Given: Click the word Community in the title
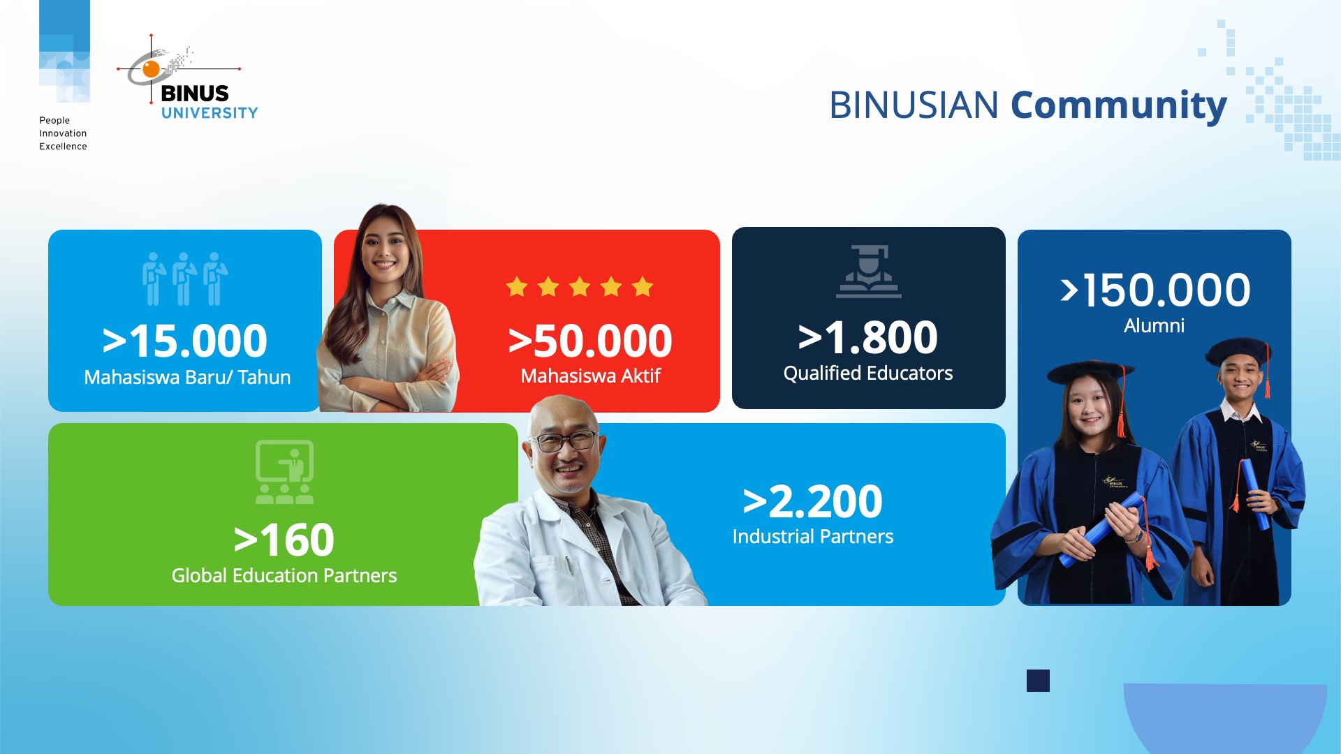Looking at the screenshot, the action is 1118,106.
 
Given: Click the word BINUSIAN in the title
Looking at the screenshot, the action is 914,105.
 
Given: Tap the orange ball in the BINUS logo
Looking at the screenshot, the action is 151,68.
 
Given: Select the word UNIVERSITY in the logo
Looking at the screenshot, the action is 210,113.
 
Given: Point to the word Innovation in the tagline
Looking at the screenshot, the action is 63,133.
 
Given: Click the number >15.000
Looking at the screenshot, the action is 184,341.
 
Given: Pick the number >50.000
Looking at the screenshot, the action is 590,341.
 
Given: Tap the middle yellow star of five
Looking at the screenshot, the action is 580,286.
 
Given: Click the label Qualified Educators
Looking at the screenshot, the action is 868,374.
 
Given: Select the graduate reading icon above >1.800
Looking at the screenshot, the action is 869,271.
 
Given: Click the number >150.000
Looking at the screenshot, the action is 1155,290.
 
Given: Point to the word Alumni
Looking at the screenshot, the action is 1154,326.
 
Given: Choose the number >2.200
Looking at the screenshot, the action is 813,501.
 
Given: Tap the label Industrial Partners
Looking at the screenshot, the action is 813,536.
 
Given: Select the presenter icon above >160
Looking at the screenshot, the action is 284,472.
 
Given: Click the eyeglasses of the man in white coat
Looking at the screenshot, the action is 563,441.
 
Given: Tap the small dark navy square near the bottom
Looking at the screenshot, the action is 1038,681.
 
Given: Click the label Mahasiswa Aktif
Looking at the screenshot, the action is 590,376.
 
